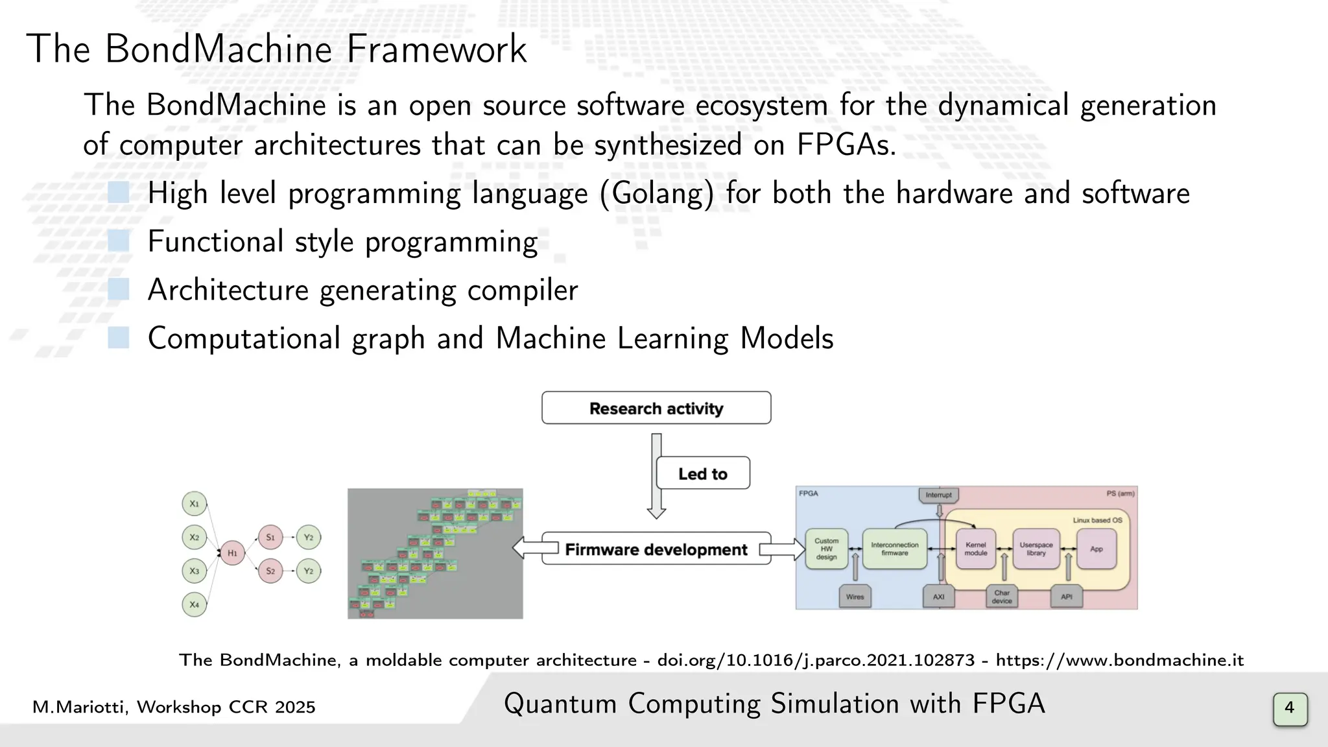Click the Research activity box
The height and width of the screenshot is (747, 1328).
coord(656,408)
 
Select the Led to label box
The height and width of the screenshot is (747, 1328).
coord(703,473)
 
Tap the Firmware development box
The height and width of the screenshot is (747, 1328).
coord(656,549)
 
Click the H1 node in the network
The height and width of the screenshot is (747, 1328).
coord(232,553)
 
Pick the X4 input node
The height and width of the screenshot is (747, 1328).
coord(194,604)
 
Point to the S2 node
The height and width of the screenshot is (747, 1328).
coord(270,571)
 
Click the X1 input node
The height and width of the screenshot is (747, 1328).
coord(194,504)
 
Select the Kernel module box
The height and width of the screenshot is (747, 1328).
coord(975,549)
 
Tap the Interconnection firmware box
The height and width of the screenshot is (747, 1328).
coord(894,549)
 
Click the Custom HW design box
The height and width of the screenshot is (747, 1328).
coord(826,549)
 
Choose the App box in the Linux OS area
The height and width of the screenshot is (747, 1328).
coord(1096,549)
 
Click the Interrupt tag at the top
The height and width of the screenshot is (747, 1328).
coord(938,495)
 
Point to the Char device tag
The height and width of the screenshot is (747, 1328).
coord(1002,597)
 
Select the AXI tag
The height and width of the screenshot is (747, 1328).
coord(938,597)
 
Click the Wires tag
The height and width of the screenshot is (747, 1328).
coord(855,597)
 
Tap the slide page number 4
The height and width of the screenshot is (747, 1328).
coord(1290,707)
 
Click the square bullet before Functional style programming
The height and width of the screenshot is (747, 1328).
coord(119,241)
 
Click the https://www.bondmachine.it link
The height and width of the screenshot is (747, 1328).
coord(1119,660)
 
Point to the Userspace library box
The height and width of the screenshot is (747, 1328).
coord(1036,549)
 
